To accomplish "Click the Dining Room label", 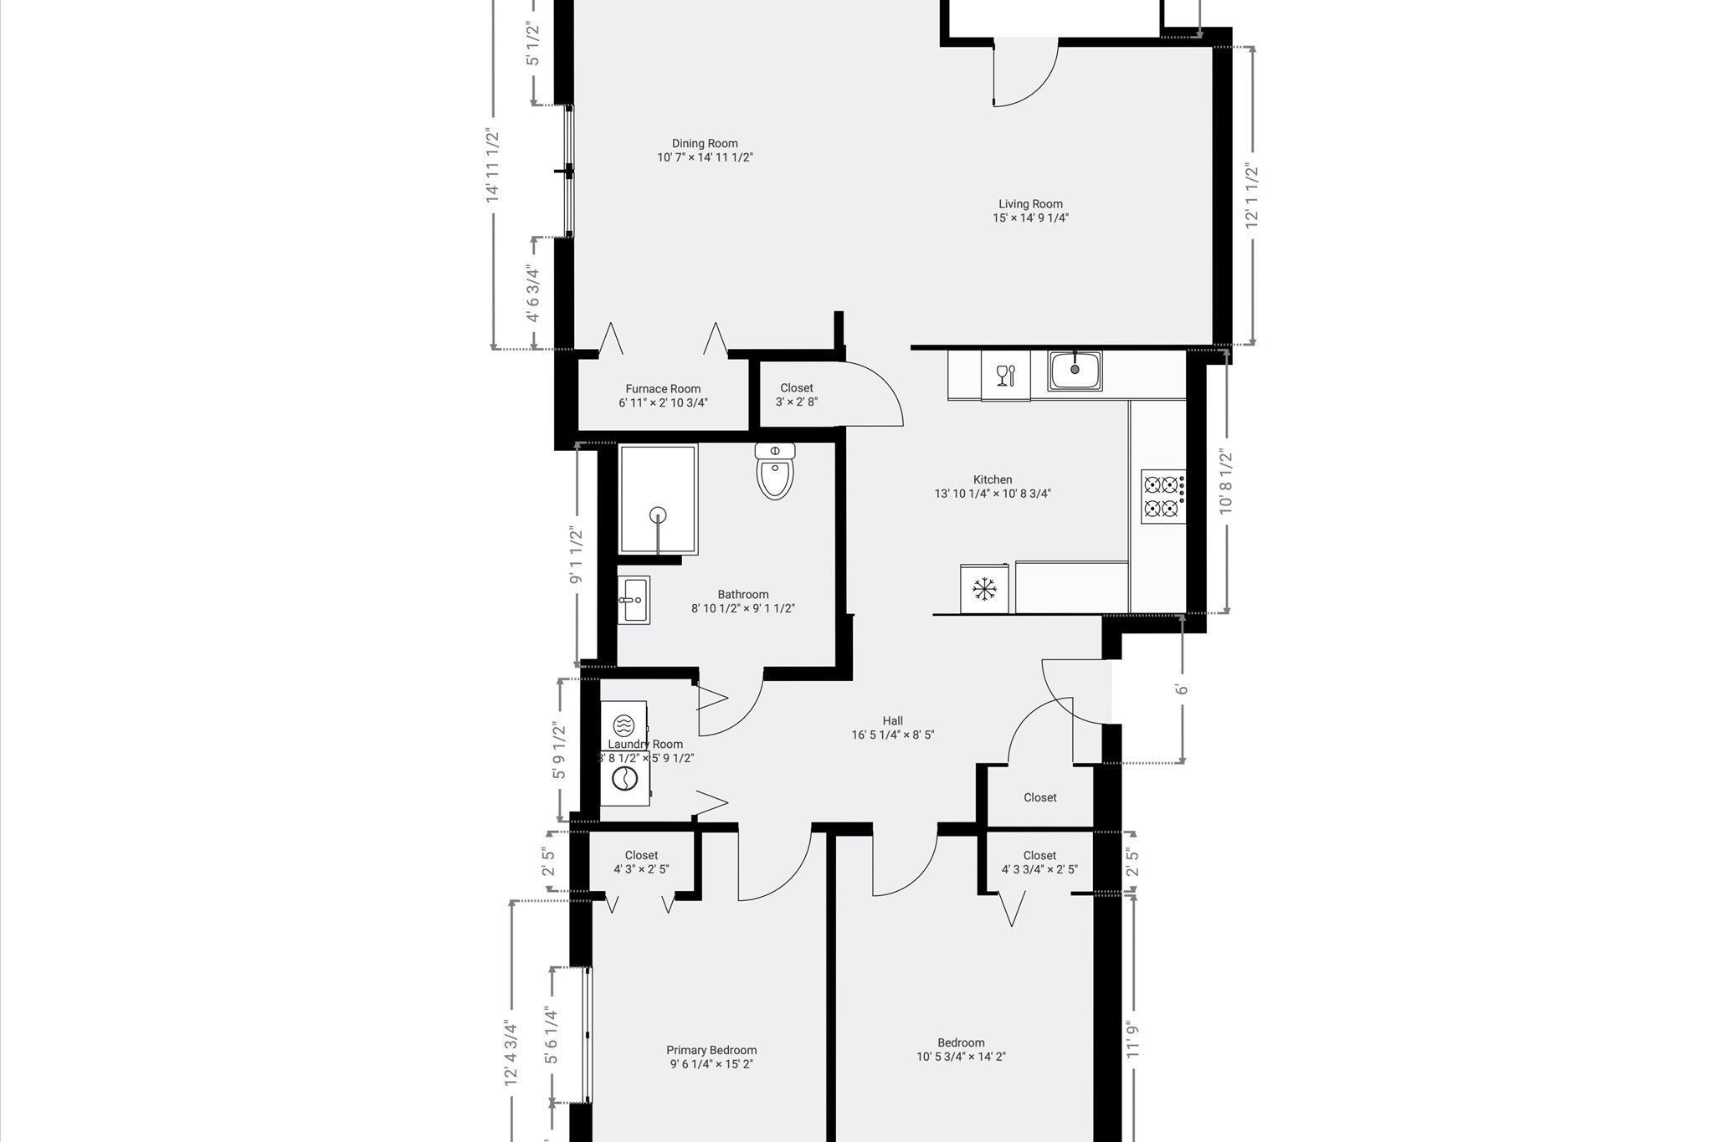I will [705, 143].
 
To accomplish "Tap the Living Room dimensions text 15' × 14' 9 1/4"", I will [1030, 218].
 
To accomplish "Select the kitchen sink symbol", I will [1075, 370].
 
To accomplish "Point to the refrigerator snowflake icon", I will [984, 589].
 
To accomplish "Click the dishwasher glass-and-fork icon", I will [1005, 376].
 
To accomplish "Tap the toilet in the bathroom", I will [775, 473].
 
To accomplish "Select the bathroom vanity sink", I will [634, 600].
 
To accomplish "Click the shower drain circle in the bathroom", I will [659, 515].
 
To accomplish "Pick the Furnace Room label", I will [663, 388].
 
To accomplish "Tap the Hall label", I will [892, 720].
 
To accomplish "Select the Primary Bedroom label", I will [711, 1050].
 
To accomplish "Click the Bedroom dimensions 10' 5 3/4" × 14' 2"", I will [961, 1057].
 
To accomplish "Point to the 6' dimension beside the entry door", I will [1182, 689].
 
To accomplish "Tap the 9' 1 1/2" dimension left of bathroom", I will [576, 555].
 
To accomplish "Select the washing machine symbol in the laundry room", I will [623, 779].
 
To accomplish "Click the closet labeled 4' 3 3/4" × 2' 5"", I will [1039, 862].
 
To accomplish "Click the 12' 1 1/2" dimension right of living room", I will [1252, 195].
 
